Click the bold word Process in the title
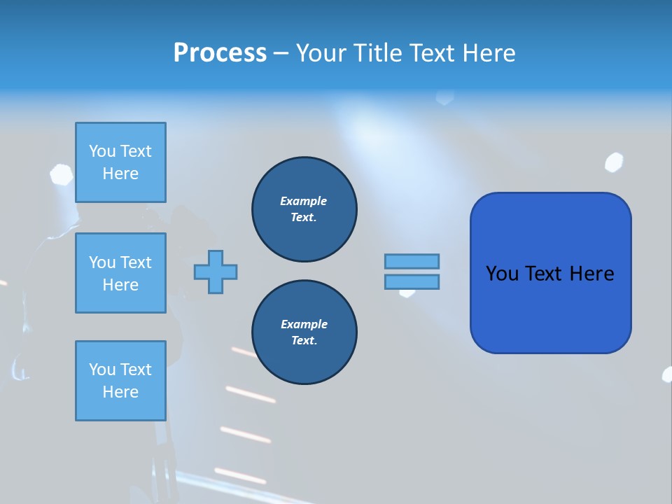[x=220, y=53]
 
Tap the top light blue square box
[x=120, y=162]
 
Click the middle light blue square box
[x=120, y=273]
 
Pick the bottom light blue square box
[x=120, y=381]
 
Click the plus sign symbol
[x=216, y=272]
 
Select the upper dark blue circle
[x=304, y=209]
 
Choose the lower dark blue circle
[x=304, y=332]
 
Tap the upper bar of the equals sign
[x=412, y=261]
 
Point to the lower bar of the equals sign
[x=412, y=281]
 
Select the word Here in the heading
[x=489, y=53]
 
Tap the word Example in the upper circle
[x=304, y=201]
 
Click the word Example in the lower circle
[x=304, y=324]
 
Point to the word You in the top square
[x=101, y=151]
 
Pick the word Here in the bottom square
[x=120, y=392]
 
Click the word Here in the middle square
[x=120, y=285]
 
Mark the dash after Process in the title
[x=280, y=53]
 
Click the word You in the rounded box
[x=501, y=274]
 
